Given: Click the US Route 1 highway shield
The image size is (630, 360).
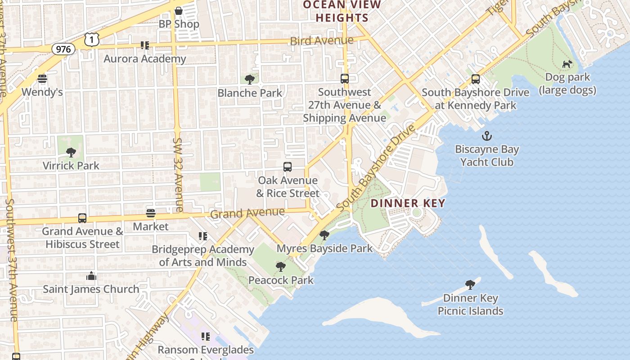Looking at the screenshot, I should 91,40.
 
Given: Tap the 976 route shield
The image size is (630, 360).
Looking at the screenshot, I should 63,49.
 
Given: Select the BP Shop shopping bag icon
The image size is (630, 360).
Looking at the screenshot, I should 179,10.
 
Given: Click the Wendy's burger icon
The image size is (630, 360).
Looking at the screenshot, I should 42,79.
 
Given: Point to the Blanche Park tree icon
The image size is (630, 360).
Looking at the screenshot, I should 250,80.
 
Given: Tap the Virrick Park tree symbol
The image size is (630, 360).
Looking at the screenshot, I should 71,152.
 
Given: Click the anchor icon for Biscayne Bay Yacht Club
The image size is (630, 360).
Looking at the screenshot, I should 486,136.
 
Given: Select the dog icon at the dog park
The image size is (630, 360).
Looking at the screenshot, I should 567,64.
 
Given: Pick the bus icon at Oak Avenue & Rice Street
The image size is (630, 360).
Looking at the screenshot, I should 288,167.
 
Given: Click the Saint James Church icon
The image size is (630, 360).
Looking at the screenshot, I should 91,276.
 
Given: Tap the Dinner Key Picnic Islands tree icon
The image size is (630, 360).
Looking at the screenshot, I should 470,284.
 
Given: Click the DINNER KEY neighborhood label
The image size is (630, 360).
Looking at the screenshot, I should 408,203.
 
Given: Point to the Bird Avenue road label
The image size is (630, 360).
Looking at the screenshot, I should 321,41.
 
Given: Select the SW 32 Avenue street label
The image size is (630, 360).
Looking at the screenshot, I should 178,175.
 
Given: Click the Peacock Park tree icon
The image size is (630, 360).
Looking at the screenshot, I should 281,267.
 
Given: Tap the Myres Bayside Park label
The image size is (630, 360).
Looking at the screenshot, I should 324,248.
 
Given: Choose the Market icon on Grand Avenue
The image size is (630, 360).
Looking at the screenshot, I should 151,213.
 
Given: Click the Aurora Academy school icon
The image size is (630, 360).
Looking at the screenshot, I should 144,45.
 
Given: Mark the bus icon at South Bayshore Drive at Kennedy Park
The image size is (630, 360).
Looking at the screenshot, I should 475,79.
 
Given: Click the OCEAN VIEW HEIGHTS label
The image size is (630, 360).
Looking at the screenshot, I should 342,11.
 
